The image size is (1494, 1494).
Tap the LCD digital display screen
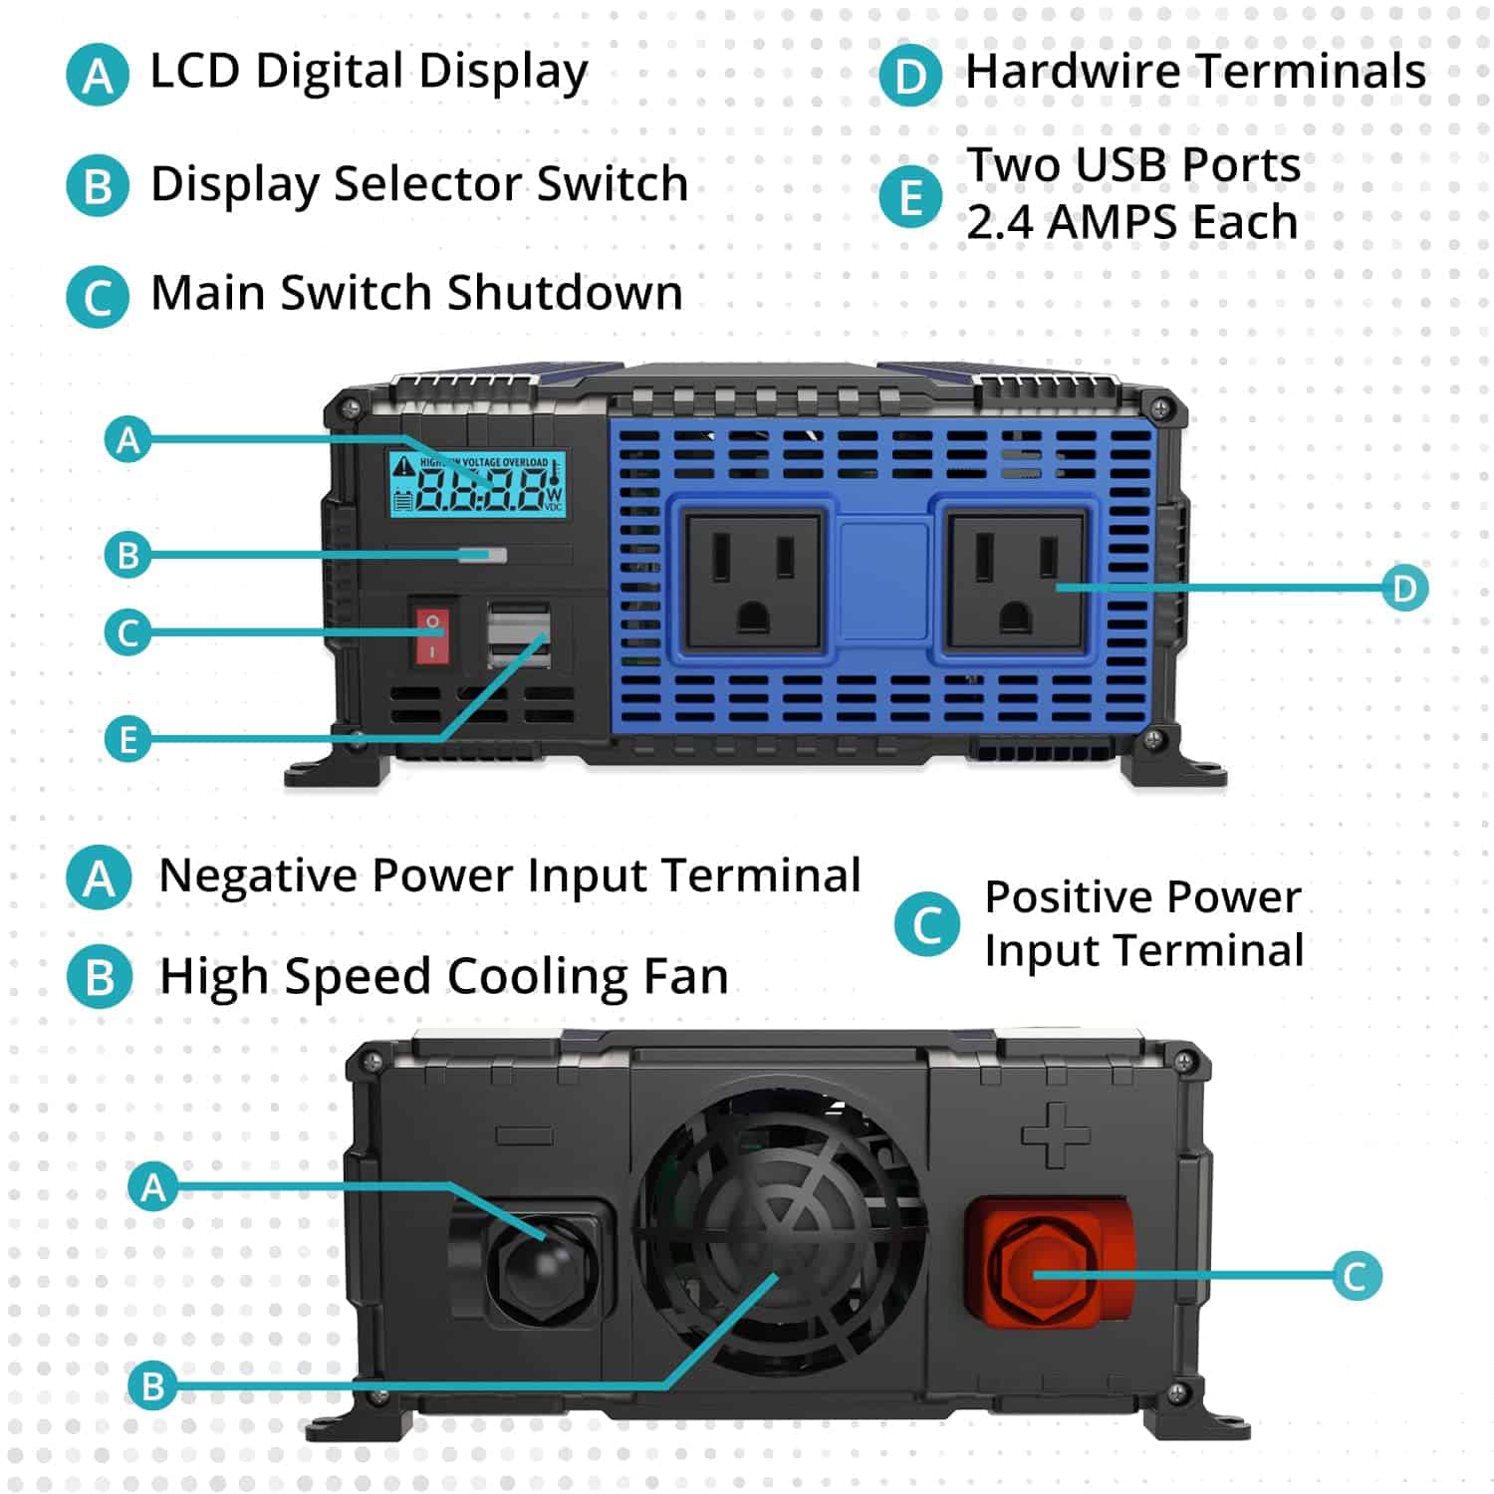(x=477, y=484)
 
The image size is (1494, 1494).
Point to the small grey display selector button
(x=483, y=555)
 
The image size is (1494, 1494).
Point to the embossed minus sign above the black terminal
(x=524, y=1135)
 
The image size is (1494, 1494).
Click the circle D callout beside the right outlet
(x=1404, y=588)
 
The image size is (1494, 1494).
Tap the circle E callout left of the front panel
(x=128, y=739)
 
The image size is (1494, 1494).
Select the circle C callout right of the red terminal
(x=1356, y=1276)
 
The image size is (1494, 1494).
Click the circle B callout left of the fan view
(x=152, y=1385)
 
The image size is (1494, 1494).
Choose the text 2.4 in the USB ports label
(x=1000, y=221)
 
